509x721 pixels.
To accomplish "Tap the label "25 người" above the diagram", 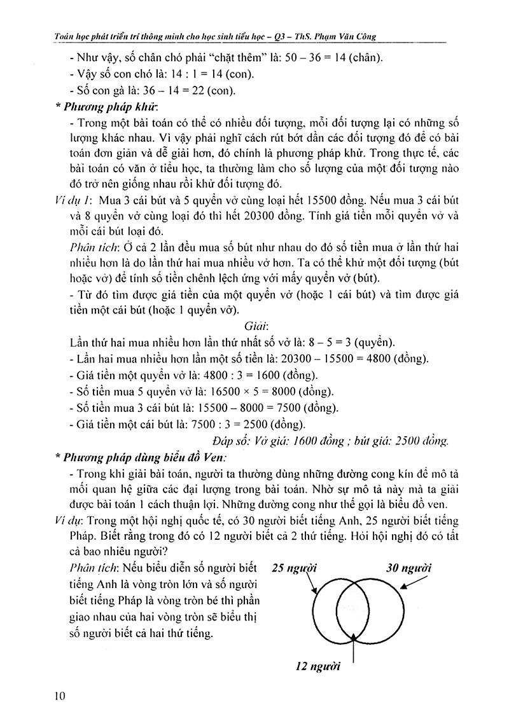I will pyautogui.click(x=293, y=567).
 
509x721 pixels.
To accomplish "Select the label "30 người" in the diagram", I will pyautogui.click(x=408, y=567).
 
